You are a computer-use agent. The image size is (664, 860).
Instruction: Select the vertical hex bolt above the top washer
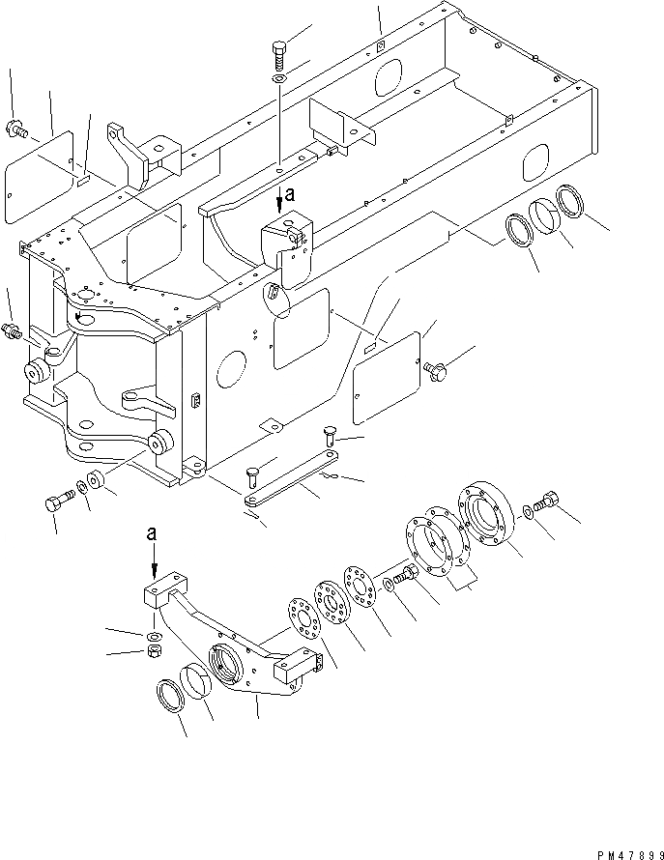point(278,52)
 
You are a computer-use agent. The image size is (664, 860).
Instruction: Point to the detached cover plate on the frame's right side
point(385,375)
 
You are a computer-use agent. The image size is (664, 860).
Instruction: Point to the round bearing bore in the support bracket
point(226,666)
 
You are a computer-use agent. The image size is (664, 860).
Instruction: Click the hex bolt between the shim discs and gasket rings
point(403,576)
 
